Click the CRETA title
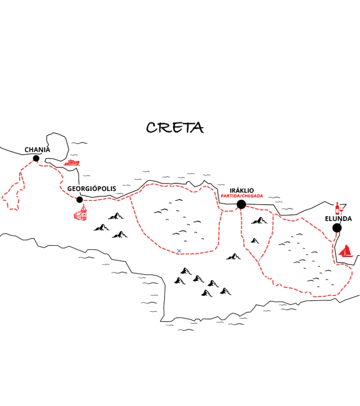click(x=175, y=127)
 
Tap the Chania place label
click(x=37, y=150)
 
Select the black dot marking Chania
click(x=36, y=158)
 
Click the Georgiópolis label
click(x=91, y=189)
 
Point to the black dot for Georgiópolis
click(x=80, y=199)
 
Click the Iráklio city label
click(x=242, y=191)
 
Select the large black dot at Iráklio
click(x=241, y=204)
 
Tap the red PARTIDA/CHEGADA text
click(x=242, y=196)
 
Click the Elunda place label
click(x=338, y=219)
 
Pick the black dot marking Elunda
click(x=337, y=228)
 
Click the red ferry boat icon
click(x=72, y=162)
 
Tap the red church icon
click(x=81, y=213)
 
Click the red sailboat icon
click(x=346, y=251)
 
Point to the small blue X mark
click(x=179, y=251)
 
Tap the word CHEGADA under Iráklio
click(x=253, y=196)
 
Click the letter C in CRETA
click(x=151, y=128)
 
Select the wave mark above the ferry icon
click(x=79, y=143)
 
